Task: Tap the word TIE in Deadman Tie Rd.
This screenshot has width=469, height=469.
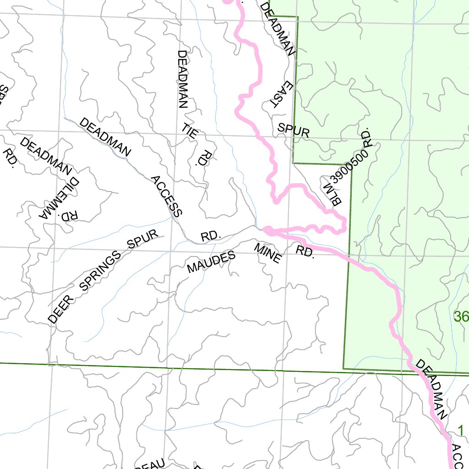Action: tap(190, 131)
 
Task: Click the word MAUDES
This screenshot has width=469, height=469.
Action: tap(211, 262)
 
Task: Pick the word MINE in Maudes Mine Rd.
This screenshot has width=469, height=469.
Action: tap(267, 253)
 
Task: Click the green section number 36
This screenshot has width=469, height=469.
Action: tap(461, 316)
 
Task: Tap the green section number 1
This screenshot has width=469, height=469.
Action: tap(461, 431)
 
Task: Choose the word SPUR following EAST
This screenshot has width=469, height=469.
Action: tap(294, 131)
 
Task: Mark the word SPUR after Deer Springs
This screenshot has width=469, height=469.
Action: tap(143, 239)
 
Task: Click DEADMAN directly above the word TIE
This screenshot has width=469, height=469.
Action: tap(182, 79)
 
